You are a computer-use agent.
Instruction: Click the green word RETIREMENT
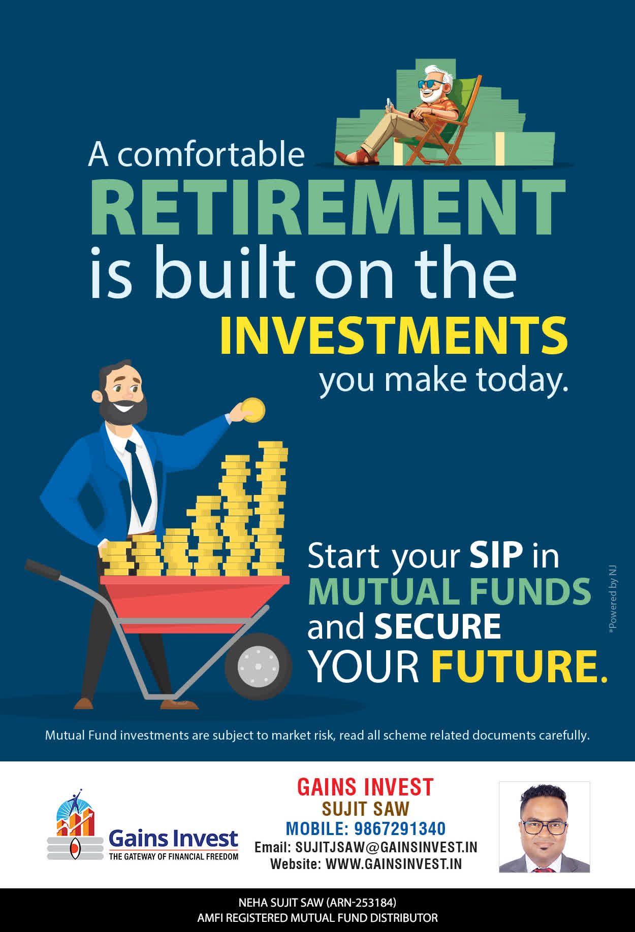[328, 207]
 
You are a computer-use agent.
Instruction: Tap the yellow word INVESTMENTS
[394, 336]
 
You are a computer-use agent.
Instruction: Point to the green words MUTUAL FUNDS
[450, 591]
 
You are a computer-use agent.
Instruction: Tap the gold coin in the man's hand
[253, 410]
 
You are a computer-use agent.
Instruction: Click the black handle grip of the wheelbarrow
[42, 569]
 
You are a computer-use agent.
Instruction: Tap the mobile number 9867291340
[400, 828]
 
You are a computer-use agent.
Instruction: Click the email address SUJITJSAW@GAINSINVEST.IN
[387, 847]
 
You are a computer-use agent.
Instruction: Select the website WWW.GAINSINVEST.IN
[394, 863]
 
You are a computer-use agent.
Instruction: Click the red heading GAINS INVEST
[365, 787]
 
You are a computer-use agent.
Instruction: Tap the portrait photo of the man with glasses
[545, 827]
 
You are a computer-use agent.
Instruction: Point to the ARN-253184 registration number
[362, 903]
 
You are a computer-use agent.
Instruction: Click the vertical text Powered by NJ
[613, 598]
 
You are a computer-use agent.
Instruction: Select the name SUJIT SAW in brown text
[365, 809]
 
